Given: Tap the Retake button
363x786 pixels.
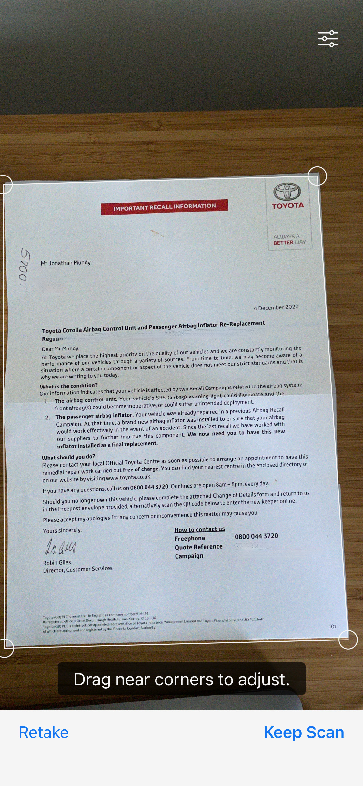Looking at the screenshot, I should (x=44, y=732).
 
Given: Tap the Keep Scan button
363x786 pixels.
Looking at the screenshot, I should (x=304, y=732).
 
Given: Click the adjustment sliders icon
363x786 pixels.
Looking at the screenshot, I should (x=328, y=39).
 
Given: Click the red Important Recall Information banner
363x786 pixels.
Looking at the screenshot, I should (x=164, y=207).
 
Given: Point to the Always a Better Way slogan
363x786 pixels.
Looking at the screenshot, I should (x=289, y=239).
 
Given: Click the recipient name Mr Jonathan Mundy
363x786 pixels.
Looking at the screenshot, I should (x=66, y=263).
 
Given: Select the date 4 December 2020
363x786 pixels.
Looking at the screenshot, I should (x=276, y=307).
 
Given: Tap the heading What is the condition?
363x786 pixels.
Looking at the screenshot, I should (x=69, y=386).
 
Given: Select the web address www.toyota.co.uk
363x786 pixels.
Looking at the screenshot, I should (x=128, y=478).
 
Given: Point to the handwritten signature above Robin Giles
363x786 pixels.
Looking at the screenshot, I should (x=60, y=547).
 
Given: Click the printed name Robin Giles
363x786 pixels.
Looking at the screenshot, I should (x=57, y=562).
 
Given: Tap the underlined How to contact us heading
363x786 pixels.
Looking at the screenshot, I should (x=199, y=529).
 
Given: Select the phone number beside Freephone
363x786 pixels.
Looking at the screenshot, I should (x=257, y=536).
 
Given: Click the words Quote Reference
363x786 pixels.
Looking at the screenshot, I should (x=198, y=547).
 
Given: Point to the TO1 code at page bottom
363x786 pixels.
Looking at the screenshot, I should (x=332, y=626).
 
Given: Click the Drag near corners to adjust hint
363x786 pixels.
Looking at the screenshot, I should (x=181, y=679).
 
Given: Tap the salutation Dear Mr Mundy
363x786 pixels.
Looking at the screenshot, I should (x=61, y=349).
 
